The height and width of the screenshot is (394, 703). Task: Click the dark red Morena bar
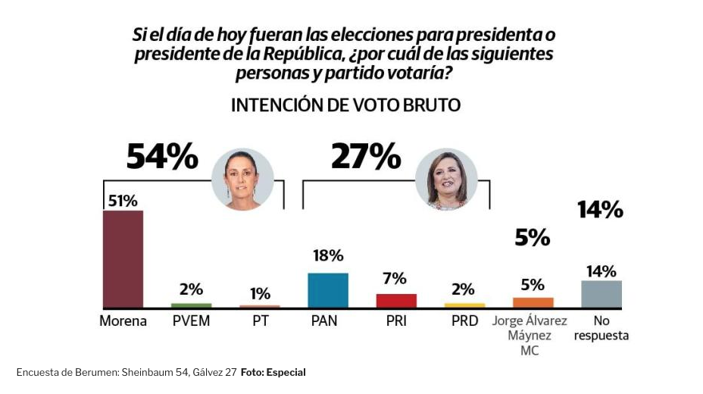pos(123,258)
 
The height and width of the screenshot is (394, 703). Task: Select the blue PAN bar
pos(327,290)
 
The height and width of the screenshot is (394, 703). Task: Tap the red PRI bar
pos(396,300)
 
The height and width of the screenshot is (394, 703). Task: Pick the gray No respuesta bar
pos(601,294)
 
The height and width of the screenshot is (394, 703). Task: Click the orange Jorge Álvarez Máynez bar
pos(533,302)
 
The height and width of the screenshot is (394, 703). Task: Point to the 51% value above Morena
pos(123,201)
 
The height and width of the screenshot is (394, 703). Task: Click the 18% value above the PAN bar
pos(328,256)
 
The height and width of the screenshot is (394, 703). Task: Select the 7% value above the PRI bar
pos(395,278)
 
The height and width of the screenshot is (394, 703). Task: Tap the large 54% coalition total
pos(162,158)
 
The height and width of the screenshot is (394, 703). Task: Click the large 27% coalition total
pos(366,157)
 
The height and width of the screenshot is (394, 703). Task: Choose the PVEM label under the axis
pos(191,321)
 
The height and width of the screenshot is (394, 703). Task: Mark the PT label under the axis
pos(260,321)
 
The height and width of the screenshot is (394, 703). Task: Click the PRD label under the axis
pos(464,321)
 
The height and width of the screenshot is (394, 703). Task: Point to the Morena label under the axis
pos(123,321)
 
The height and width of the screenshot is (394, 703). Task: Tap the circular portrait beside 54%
pos(242,180)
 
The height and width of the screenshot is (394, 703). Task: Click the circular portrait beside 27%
pos(446,180)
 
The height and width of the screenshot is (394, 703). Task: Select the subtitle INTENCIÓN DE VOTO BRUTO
pos(345,105)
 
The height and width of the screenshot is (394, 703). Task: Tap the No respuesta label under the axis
pos(601,328)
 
